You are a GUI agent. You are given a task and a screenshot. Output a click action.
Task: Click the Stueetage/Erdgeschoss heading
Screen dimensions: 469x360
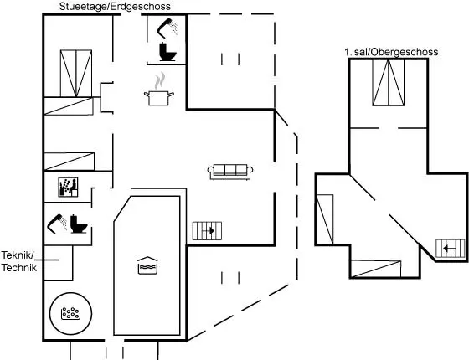[115, 7]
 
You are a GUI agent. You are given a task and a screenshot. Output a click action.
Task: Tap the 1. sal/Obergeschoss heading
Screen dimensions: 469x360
[391, 52]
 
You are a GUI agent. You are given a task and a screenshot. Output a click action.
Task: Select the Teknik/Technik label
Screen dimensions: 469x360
[18, 261]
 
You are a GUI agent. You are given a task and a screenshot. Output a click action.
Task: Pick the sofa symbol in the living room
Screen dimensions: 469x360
[230, 172]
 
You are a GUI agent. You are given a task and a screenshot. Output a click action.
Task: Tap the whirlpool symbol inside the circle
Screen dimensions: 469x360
[70, 313]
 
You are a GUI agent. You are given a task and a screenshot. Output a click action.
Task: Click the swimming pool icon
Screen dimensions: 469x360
[147, 265]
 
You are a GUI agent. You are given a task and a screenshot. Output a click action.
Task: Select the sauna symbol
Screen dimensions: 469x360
[68, 188]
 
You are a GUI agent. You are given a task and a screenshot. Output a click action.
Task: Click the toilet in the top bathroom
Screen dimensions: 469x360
[167, 52]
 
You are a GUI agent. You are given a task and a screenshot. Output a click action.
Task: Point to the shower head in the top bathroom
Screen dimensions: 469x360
[167, 28]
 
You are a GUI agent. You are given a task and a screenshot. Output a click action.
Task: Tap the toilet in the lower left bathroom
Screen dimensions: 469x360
[79, 224]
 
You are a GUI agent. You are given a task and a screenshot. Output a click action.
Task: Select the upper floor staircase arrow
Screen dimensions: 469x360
[451, 248]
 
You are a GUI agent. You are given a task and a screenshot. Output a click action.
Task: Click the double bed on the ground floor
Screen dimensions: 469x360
[76, 74]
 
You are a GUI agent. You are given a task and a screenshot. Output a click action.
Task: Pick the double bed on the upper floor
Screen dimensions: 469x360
[389, 83]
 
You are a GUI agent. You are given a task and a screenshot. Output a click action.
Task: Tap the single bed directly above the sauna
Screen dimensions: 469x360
[70, 162]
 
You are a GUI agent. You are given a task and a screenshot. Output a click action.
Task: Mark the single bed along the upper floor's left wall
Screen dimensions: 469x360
[325, 219]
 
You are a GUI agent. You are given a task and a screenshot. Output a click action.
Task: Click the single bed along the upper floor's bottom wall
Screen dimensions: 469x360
[376, 269]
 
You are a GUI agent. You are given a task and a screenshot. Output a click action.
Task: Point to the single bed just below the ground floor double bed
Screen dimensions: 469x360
[69, 106]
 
